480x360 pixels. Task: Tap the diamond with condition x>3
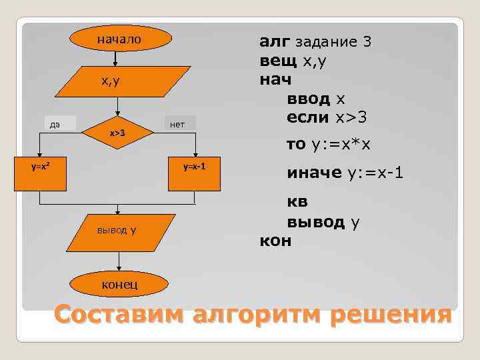118,133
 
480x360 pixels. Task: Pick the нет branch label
179,123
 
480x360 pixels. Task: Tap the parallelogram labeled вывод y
117,231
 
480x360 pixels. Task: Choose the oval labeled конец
119,285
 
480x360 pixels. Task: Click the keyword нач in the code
275,80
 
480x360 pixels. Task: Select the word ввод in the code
309,99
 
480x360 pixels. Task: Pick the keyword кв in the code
297,201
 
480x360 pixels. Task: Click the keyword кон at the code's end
275,240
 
